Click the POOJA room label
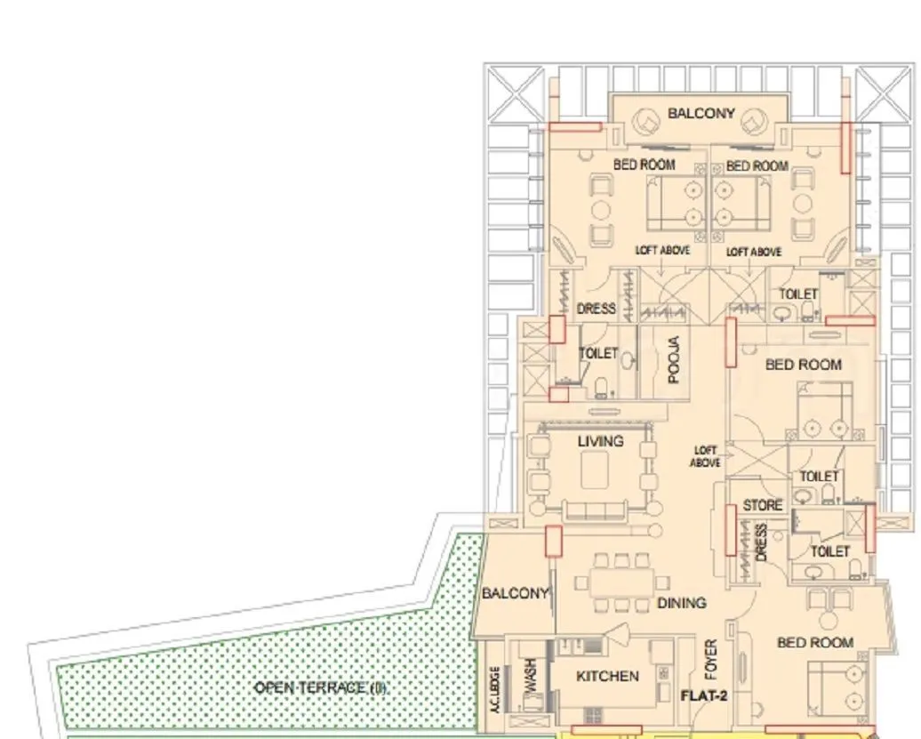point(674,359)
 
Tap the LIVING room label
point(600,441)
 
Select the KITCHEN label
point(607,676)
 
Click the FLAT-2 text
point(704,696)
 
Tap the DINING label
point(682,603)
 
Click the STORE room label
point(763,505)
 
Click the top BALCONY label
point(701,113)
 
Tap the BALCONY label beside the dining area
point(515,593)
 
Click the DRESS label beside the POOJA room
point(597,309)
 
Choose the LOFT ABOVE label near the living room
point(706,457)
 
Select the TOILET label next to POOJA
point(598,353)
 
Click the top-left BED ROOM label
point(644,165)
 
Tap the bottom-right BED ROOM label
point(814,642)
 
